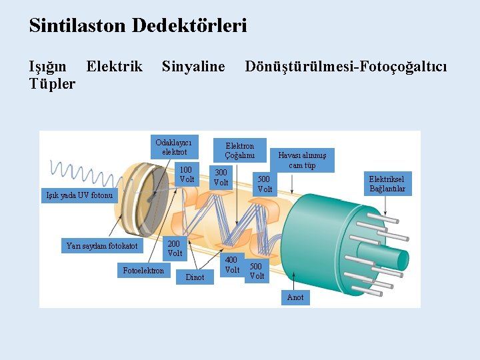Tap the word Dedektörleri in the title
point(189,26)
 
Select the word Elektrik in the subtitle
point(115,67)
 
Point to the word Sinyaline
point(193,67)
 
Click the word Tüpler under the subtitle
point(53,85)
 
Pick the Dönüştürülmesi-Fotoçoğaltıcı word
point(346,67)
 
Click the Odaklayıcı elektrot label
point(173,147)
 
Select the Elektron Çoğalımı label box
point(239,151)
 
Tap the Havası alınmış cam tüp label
point(301,161)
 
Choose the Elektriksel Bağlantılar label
point(387,184)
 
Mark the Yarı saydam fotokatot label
point(102,246)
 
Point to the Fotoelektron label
point(143,270)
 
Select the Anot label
point(295,297)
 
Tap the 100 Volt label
point(187,175)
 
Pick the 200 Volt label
point(175,249)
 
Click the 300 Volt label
point(221,177)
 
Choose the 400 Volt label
point(231,265)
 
